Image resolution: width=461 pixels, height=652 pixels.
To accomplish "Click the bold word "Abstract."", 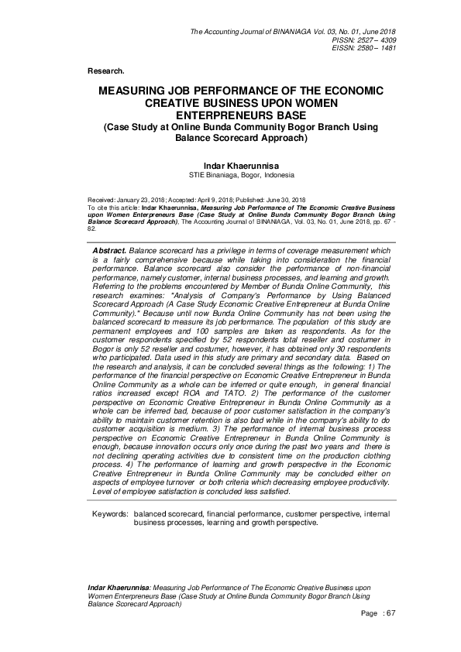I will pos(109,252).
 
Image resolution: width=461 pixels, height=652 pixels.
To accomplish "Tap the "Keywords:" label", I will pos(110,513).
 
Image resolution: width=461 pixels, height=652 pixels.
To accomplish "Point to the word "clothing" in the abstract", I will pos(373,457).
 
